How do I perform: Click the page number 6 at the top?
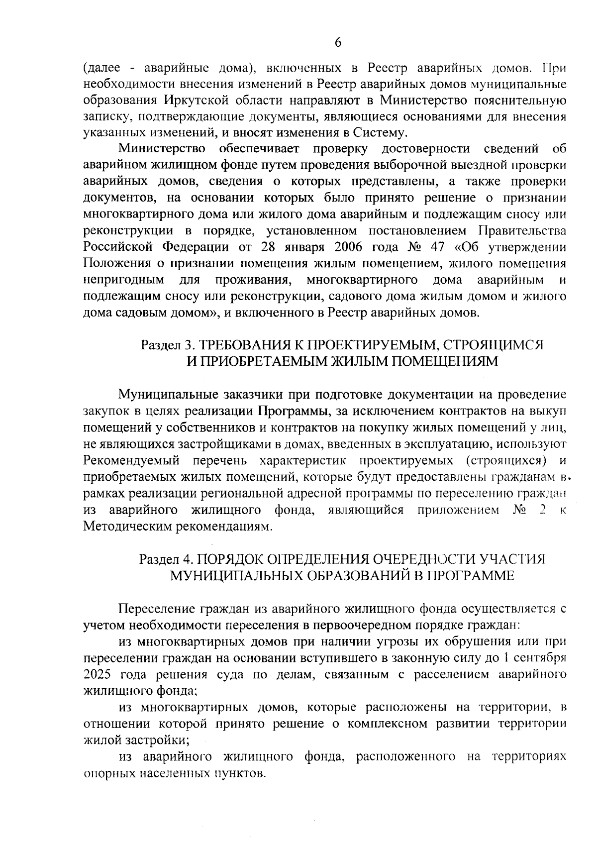(338, 43)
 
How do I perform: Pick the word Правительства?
(522, 231)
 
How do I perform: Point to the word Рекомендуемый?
(131, 460)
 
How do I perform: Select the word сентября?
(540, 657)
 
